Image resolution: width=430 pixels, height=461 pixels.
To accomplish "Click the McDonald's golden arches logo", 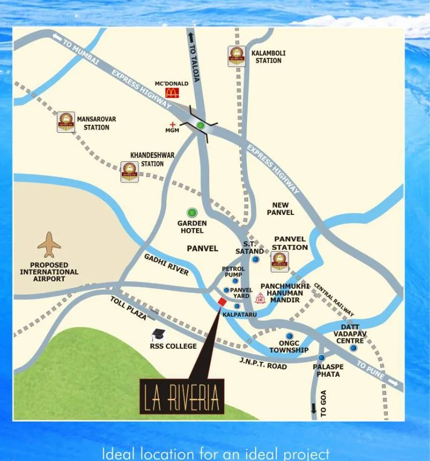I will (x=172, y=93).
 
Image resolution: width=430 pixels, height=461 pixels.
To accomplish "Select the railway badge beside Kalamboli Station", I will (x=237, y=56).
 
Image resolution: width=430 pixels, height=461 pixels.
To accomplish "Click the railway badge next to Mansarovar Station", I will (x=66, y=122).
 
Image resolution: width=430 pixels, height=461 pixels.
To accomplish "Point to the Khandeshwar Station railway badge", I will (x=130, y=172).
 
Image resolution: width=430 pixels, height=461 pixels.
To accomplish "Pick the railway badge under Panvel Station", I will (x=279, y=261).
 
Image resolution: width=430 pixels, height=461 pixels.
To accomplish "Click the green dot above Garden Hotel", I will (x=192, y=213).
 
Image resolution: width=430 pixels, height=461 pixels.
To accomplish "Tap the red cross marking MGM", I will (x=172, y=124).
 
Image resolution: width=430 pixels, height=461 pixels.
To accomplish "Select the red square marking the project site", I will (x=222, y=301).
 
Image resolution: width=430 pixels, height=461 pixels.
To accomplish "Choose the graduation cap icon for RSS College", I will (x=158, y=335).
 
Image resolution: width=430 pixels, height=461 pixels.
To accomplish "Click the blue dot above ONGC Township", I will (x=289, y=336).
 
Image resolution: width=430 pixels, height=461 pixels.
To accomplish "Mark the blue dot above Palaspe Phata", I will (x=321, y=357).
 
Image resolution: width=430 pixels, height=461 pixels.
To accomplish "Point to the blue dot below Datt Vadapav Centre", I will (x=353, y=348).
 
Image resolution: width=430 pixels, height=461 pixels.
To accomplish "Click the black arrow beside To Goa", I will (x=314, y=408).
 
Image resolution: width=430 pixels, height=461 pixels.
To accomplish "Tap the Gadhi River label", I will (x=167, y=264).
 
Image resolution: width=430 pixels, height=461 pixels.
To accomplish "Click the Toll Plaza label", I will (x=128, y=308).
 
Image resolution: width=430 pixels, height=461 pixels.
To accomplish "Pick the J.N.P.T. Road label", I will (x=263, y=364).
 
